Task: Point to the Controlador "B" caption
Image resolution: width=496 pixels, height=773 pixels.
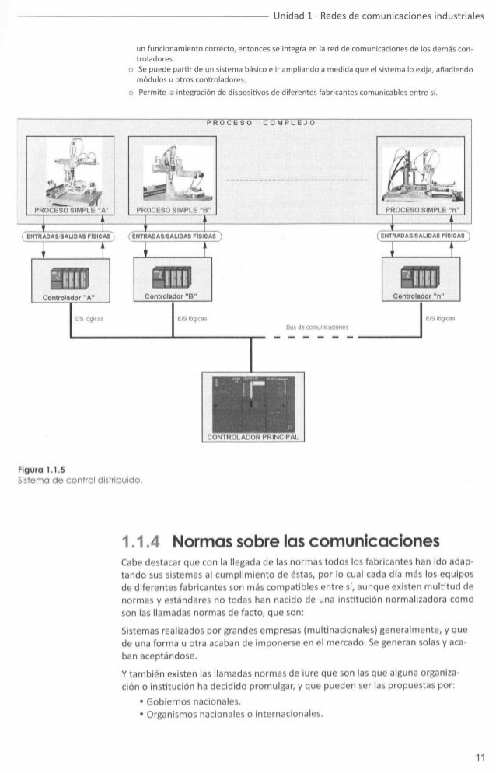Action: click(x=171, y=296)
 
